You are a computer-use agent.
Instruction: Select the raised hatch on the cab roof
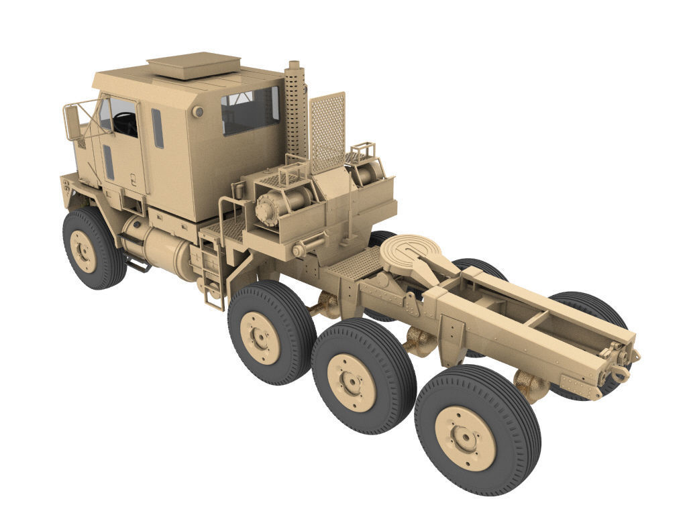click(x=194, y=64)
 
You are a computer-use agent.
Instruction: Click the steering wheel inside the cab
click(x=125, y=121)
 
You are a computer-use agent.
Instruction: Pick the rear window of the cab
click(x=250, y=109)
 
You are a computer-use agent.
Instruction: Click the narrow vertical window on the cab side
click(x=158, y=128)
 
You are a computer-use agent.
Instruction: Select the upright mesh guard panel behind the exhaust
click(x=327, y=131)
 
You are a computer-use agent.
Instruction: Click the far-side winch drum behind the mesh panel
click(x=366, y=172)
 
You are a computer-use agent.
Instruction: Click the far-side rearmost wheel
click(x=590, y=315)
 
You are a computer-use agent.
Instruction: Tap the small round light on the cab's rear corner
click(x=197, y=112)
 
